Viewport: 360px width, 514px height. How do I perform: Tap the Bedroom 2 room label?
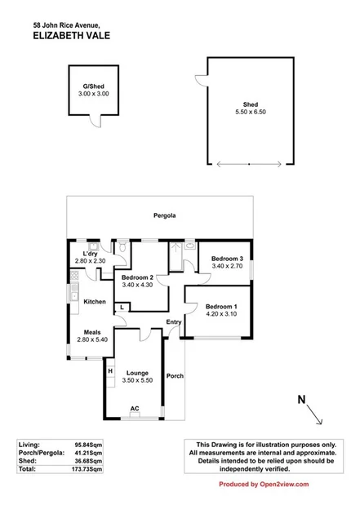click(x=137, y=277)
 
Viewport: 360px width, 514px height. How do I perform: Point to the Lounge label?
click(x=136, y=373)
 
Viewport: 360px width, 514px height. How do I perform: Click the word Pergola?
click(x=165, y=215)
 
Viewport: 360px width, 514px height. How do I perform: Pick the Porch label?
click(x=175, y=376)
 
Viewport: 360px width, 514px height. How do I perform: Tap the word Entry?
click(x=174, y=321)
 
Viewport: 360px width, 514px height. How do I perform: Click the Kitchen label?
click(x=95, y=302)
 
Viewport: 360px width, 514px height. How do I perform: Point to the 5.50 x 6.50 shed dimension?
click(x=251, y=113)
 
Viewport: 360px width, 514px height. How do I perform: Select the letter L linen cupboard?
click(x=121, y=306)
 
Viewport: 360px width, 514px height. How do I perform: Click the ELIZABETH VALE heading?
click(x=72, y=36)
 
